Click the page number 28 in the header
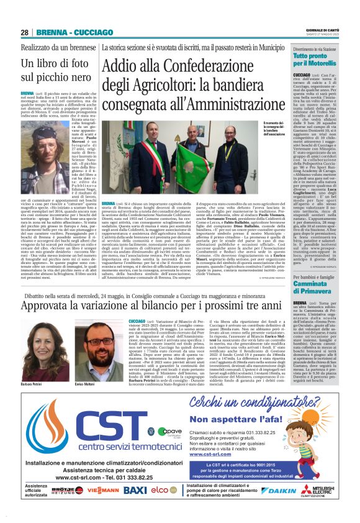coord(24,32)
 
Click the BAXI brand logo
coord(136,490)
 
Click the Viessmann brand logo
coord(104,490)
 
